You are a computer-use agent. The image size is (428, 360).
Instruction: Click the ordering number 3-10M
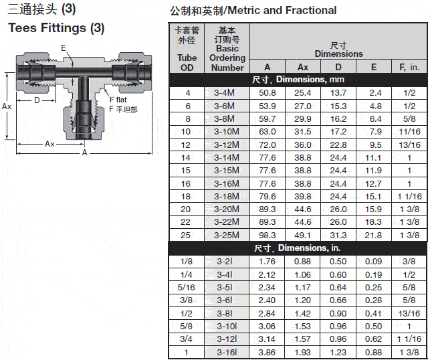click(227, 132)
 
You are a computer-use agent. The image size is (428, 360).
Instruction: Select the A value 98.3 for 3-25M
click(267, 235)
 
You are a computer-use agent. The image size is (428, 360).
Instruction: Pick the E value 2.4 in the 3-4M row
click(375, 93)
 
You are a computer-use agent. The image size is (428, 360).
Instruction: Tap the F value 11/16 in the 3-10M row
click(409, 132)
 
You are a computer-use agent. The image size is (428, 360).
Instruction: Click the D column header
click(338, 67)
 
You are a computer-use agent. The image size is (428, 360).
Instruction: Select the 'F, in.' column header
click(409, 67)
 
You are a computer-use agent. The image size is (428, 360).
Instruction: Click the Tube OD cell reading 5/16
click(186, 287)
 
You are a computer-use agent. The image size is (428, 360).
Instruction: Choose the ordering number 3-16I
click(227, 353)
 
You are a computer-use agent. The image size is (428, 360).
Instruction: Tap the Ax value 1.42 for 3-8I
click(302, 313)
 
